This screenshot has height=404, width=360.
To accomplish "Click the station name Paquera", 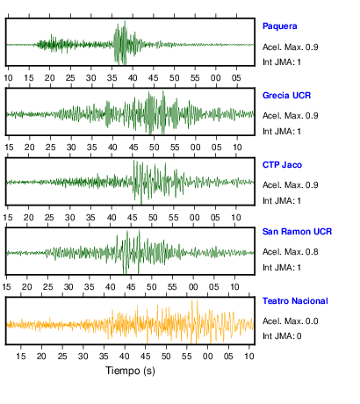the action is [x=280, y=26].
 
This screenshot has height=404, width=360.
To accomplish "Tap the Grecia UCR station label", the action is [x=286, y=96].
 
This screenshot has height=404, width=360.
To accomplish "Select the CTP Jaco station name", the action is [x=282, y=165].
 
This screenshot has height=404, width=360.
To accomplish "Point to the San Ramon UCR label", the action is [x=297, y=232].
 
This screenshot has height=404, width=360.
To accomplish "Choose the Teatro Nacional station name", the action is [x=295, y=301].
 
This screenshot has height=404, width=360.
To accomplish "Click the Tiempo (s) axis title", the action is [x=130, y=371].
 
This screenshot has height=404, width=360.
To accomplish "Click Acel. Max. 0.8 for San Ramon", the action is [x=291, y=252].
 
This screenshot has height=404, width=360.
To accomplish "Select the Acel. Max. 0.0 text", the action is [x=291, y=321].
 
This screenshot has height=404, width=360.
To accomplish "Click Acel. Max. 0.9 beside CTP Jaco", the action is [x=291, y=185].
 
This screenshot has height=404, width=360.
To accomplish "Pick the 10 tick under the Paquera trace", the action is [x=8, y=78].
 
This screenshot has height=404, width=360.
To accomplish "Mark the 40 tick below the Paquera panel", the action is [x=133, y=78].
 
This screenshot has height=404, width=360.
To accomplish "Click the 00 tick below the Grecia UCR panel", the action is [x=196, y=148].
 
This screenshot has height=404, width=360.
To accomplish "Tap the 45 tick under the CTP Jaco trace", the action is [x=132, y=218].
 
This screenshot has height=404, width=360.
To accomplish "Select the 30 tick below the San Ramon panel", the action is [x=68, y=287].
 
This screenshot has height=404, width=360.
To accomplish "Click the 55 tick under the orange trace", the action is [x=187, y=357].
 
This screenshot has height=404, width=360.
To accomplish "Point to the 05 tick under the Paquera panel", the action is [x=236, y=78].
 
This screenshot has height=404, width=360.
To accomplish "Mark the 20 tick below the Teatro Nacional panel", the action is [x=41, y=357].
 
